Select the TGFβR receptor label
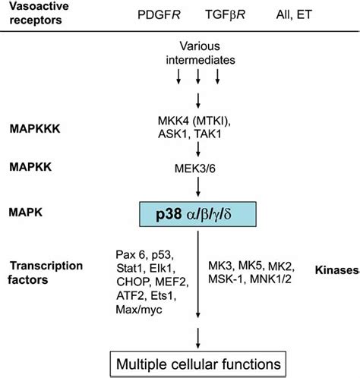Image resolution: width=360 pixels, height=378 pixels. [x=226, y=14]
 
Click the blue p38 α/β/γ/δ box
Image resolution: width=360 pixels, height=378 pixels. [x=197, y=214]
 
